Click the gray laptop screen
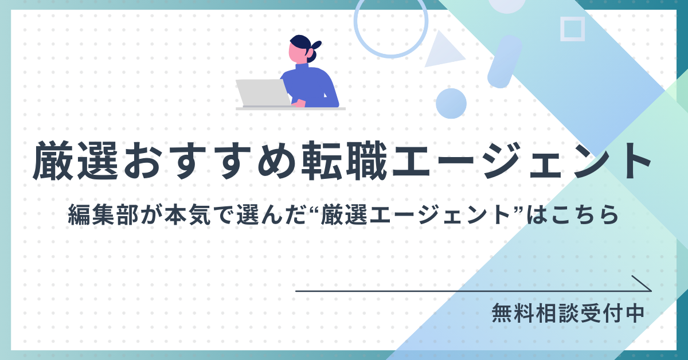point(263,92)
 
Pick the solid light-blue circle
point(451,104)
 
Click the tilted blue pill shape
point(505,61)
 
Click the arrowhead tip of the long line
point(651,291)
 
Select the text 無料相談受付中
point(568,313)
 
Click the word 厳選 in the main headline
point(76,161)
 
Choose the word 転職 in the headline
point(344,161)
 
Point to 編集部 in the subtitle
point(103,214)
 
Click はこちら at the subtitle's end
point(573,214)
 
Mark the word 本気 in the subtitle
point(188,214)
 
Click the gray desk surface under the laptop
point(291,109)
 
